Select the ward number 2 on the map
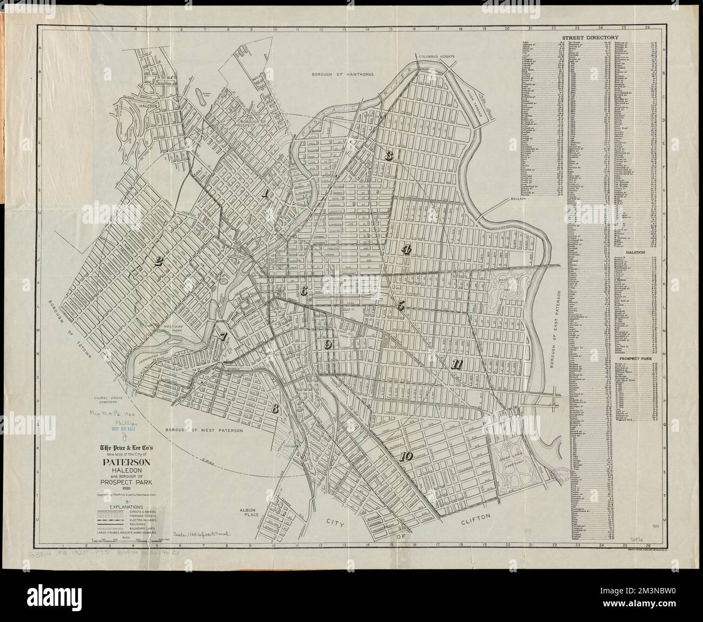coord(158,262)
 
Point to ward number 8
coord(275,409)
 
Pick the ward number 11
coord(456,364)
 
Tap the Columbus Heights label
coord(439,56)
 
